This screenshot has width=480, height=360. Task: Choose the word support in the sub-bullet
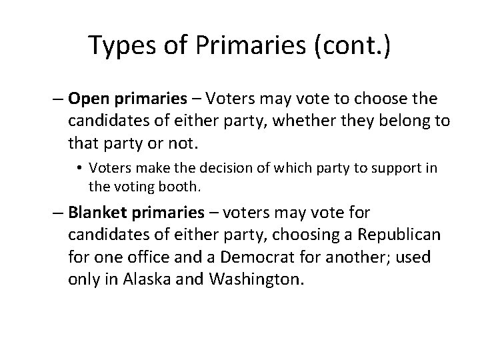(x=395, y=168)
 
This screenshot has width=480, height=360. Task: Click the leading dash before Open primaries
(x=59, y=100)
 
